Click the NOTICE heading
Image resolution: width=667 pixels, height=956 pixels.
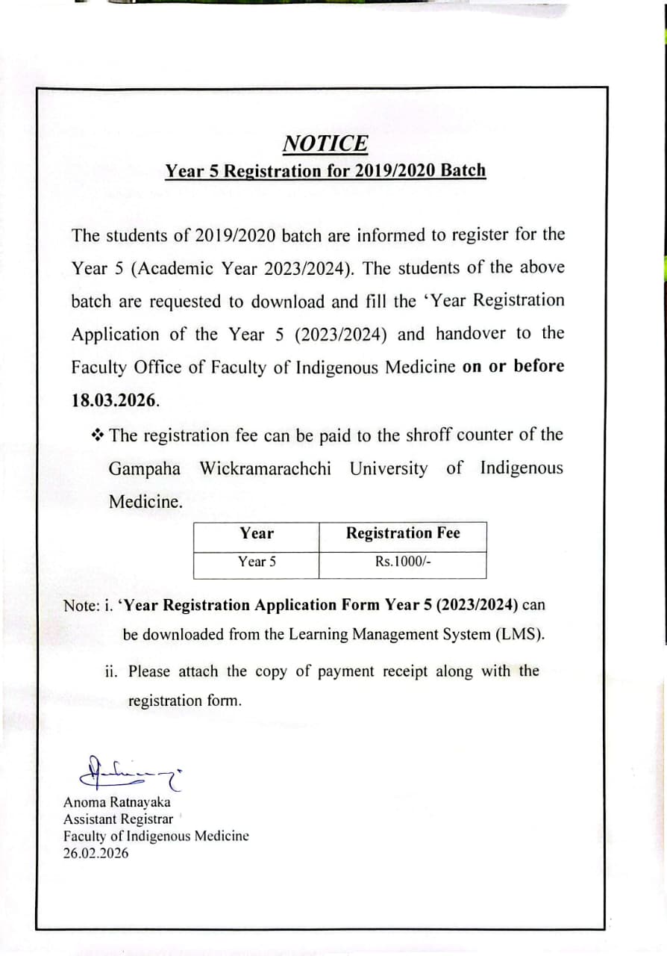click(x=325, y=143)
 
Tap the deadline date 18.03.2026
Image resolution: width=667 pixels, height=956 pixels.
click(x=115, y=400)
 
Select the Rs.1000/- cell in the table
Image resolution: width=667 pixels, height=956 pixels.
click(x=403, y=562)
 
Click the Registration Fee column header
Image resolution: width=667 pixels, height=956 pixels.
click(x=403, y=533)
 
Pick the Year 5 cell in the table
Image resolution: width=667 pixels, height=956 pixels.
click(x=257, y=562)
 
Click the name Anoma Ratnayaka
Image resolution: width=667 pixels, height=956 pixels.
click(x=117, y=802)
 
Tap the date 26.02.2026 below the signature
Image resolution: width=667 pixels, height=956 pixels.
click(x=95, y=853)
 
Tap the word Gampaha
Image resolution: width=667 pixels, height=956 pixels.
click(x=145, y=469)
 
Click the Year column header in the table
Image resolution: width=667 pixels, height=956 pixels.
click(x=257, y=533)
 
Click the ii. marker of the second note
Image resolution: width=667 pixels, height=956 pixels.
click(x=112, y=671)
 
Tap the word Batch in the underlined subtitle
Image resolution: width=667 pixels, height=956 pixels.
click(x=463, y=170)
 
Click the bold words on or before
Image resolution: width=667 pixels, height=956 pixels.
click(x=513, y=366)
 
